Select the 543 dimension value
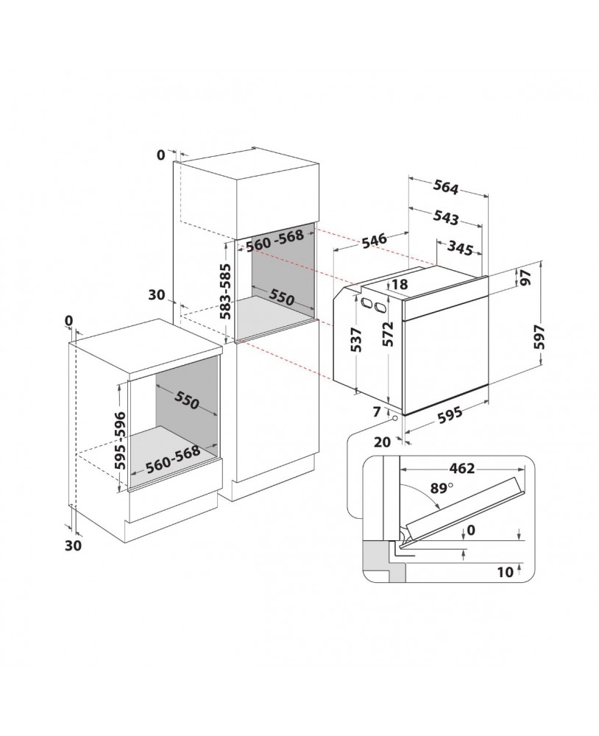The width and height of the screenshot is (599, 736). pyautogui.click(x=445, y=217)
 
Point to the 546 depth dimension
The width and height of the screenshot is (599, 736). pyautogui.click(x=374, y=240)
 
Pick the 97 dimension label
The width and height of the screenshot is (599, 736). pyautogui.click(x=525, y=277)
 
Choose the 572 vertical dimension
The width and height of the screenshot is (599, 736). pyautogui.click(x=387, y=333)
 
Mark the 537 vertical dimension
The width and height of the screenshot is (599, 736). pyautogui.click(x=356, y=339)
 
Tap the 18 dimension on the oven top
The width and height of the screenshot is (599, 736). pyautogui.click(x=399, y=284)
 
